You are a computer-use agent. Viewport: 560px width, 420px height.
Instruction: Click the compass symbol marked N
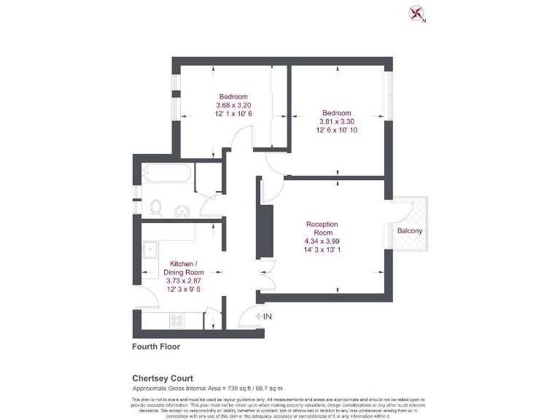point(417,14)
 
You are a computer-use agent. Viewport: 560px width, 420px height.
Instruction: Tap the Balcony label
point(409,231)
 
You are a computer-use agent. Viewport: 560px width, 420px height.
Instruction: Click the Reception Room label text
point(322,228)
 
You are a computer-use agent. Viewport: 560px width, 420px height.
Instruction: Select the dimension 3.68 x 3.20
point(233,105)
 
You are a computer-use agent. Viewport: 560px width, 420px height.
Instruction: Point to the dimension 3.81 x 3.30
point(337,122)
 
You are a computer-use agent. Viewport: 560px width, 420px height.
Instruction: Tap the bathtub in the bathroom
point(167,174)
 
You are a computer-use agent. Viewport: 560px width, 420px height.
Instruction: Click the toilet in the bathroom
point(155,209)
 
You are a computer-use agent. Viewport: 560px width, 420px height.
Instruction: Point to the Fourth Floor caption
point(156,346)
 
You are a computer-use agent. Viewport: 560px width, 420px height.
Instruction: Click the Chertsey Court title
point(162,378)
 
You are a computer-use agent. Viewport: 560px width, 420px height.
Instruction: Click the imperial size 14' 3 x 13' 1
point(322,250)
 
